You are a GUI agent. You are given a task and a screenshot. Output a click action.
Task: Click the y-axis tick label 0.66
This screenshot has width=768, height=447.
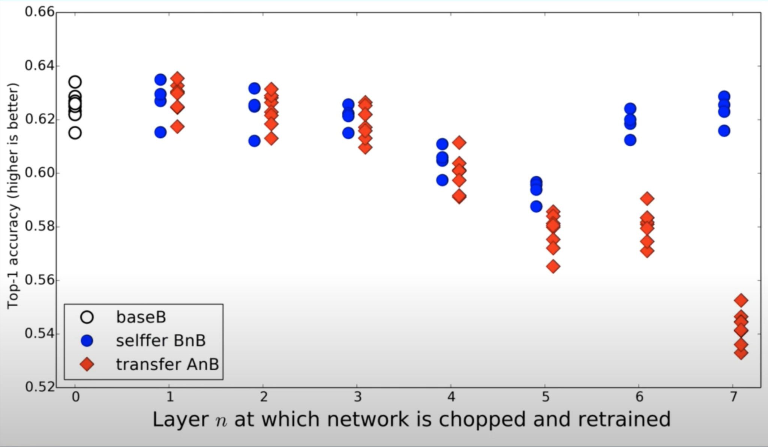(39, 12)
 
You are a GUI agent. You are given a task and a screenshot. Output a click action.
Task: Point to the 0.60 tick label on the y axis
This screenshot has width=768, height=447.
(39, 173)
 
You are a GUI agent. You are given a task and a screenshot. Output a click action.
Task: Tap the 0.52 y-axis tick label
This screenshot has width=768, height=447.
(39, 387)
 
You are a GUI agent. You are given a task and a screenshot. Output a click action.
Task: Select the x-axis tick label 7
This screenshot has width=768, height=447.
(733, 397)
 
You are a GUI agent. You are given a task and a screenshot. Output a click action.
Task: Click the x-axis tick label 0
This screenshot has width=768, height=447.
(76, 397)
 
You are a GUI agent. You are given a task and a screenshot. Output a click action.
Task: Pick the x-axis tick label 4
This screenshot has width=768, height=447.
(451, 397)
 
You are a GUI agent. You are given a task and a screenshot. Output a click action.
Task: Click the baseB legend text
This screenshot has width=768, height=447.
(141, 317)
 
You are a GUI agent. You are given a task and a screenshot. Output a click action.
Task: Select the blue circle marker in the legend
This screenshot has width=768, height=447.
(87, 341)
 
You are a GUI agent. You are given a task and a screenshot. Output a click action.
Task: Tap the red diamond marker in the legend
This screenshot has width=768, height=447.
(87, 364)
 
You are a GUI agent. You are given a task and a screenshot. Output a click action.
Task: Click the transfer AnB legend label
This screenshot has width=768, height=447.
(167, 364)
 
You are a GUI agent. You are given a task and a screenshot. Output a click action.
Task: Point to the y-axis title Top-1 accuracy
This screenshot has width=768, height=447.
(13, 195)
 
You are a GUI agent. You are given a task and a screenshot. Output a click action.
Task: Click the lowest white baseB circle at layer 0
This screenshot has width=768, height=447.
(75, 133)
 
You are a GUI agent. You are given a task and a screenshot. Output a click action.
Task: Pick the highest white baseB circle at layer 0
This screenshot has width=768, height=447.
(75, 82)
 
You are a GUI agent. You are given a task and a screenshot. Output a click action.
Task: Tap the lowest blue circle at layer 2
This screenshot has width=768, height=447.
(254, 141)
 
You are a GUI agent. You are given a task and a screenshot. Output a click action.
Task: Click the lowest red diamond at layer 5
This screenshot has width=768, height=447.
(553, 266)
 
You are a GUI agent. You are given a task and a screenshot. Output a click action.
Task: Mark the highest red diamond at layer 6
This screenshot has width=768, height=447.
(647, 199)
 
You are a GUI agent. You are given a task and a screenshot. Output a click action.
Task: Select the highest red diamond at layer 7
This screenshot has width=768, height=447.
(741, 300)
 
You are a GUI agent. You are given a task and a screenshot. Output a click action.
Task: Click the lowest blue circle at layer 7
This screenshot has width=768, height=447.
(724, 131)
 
